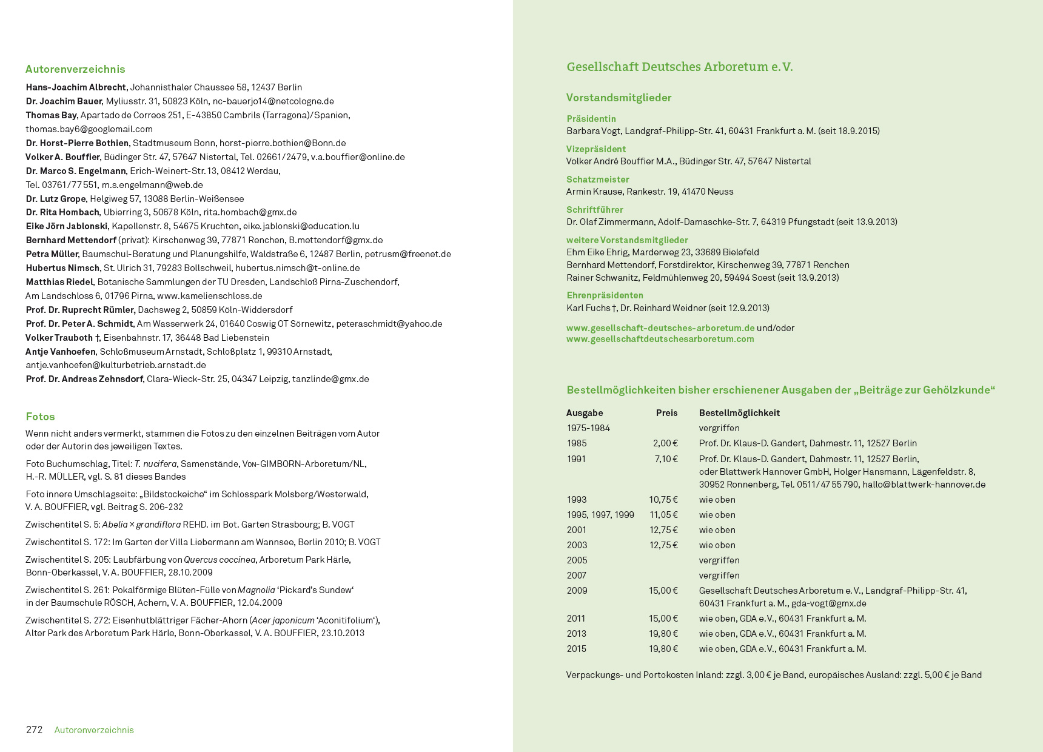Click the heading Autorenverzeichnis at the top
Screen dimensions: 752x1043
click(x=75, y=69)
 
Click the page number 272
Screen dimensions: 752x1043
click(x=34, y=730)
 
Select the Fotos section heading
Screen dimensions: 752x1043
click(x=40, y=417)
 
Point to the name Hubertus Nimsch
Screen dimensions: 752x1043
click(x=62, y=268)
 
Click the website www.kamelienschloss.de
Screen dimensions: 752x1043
click(x=209, y=296)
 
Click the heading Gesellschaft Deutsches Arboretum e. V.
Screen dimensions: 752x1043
click(x=679, y=67)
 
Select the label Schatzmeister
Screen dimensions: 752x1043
click(x=597, y=180)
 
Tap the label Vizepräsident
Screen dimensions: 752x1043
click(x=595, y=149)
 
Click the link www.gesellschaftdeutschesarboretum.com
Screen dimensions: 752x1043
click(x=660, y=339)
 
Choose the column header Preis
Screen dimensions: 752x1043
click(x=666, y=413)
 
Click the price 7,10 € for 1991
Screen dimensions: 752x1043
click(x=666, y=459)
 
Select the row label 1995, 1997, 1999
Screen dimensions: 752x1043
click(x=600, y=515)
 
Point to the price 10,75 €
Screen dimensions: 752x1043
click(x=663, y=500)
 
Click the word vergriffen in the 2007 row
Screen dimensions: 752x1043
click(x=719, y=576)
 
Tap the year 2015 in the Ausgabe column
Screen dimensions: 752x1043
click(x=576, y=649)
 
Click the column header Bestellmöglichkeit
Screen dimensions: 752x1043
click(x=739, y=413)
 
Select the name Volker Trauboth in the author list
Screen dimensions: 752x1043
click(x=59, y=338)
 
